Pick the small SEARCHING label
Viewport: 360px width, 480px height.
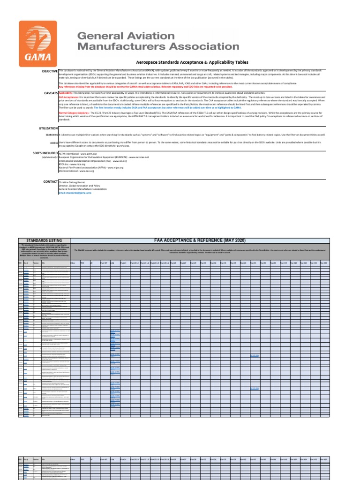(x=52, y=135)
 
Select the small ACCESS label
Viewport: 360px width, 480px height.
(x=54, y=142)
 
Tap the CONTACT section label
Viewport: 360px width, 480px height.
(x=48, y=181)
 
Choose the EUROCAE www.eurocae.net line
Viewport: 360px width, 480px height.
(x=104, y=157)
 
